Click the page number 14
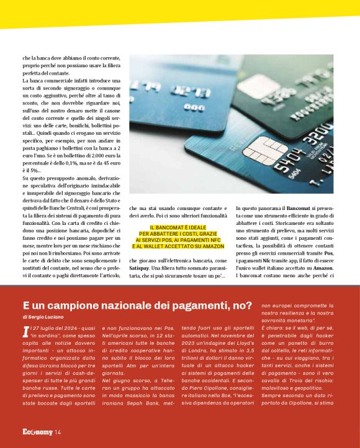click(x=58, y=432)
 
